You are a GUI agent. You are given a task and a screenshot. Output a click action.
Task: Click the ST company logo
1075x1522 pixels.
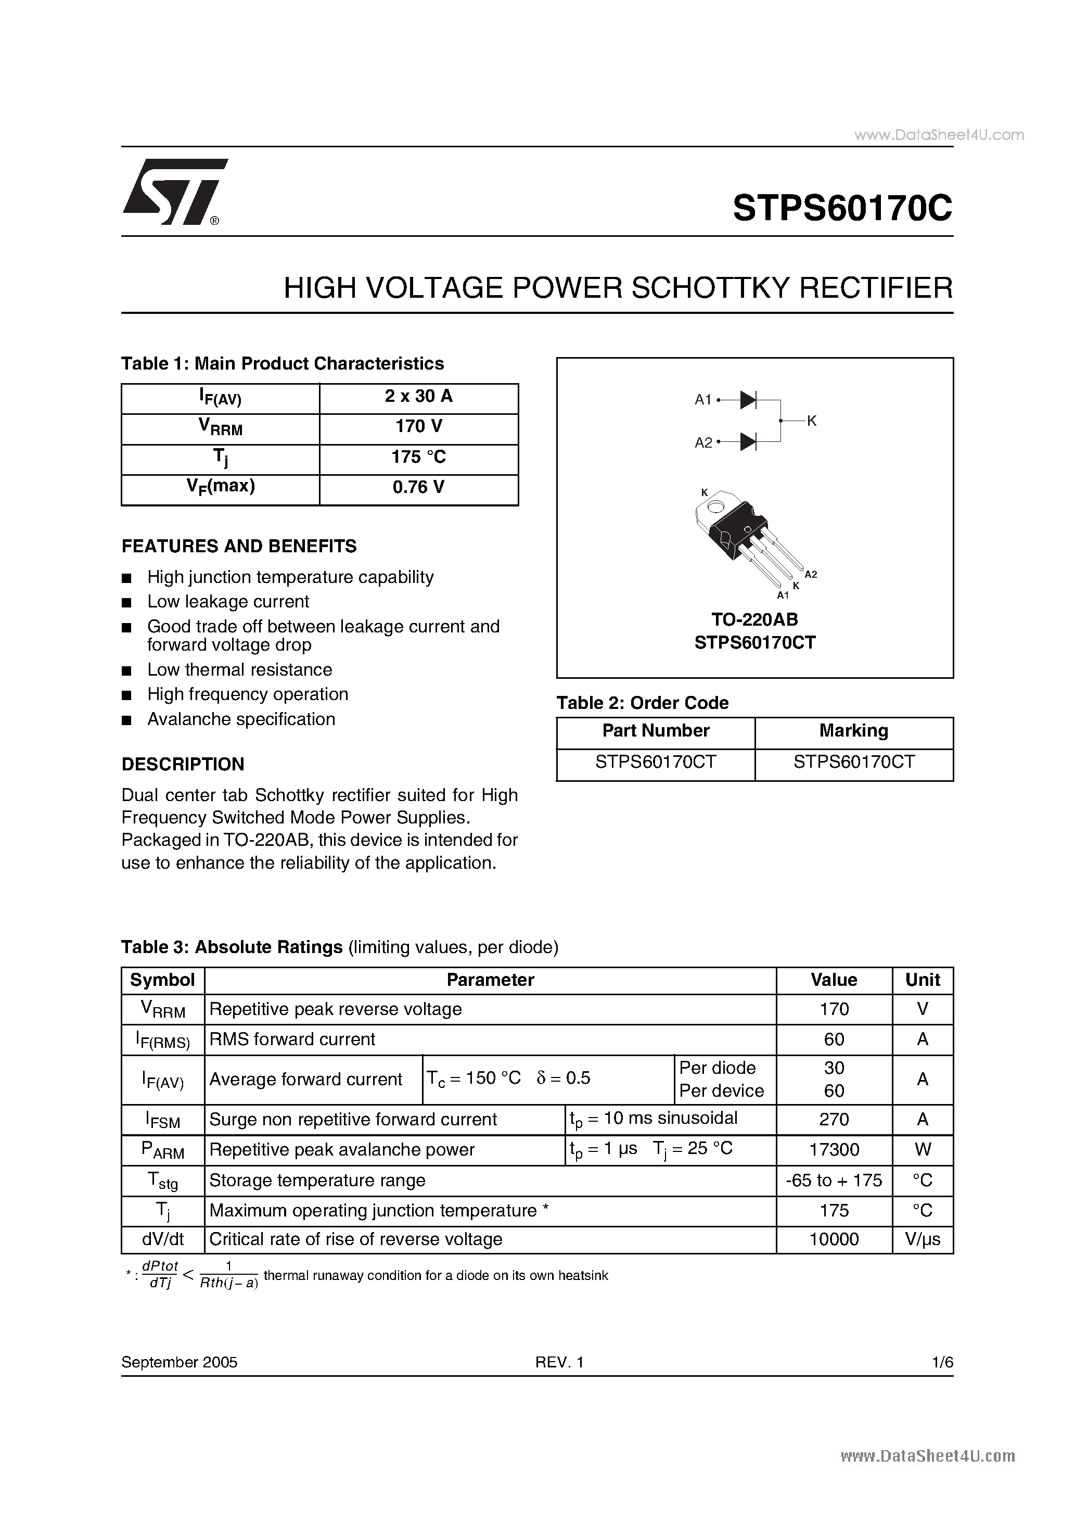click(174, 192)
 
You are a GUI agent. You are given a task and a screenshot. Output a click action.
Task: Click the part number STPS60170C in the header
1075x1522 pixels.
click(842, 209)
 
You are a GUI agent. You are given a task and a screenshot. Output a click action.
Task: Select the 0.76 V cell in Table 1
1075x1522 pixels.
click(418, 487)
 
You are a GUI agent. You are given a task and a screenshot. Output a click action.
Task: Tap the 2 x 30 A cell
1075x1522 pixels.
click(418, 397)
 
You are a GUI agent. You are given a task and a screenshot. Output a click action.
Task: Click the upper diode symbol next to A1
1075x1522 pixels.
click(748, 400)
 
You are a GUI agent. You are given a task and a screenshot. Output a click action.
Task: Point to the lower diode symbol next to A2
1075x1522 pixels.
click(748, 441)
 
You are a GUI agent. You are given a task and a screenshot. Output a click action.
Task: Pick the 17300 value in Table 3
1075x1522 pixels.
click(834, 1149)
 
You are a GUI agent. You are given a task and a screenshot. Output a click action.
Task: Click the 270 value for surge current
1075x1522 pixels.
click(834, 1120)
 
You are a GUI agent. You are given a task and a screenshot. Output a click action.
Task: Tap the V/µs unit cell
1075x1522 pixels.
click(923, 1239)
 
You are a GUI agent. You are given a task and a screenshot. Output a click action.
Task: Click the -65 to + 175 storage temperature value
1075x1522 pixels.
click(834, 1180)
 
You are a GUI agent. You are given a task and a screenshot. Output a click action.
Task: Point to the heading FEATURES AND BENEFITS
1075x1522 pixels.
click(239, 546)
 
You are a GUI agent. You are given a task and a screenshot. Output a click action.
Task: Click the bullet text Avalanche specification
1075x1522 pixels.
click(241, 719)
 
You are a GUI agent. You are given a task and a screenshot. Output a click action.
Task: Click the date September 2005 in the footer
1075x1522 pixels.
click(179, 1362)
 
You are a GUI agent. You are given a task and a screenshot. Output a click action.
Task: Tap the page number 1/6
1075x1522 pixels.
click(942, 1362)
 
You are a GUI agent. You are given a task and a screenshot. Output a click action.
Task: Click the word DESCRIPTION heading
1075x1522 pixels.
click(183, 764)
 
